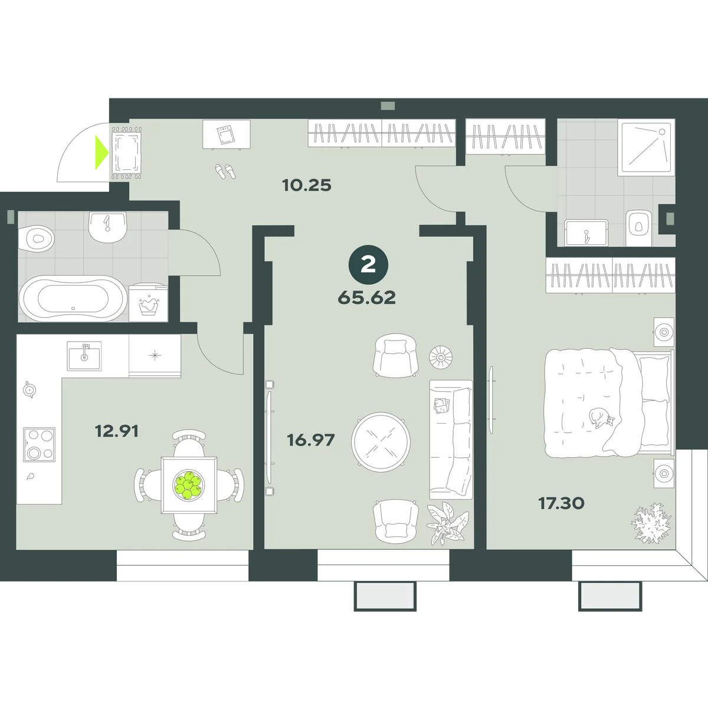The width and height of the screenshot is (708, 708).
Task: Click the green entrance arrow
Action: click(x=101, y=152)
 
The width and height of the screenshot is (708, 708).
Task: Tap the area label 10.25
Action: click(x=307, y=185)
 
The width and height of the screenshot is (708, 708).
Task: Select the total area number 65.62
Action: click(x=366, y=297)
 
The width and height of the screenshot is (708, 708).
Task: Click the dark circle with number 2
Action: click(x=368, y=264)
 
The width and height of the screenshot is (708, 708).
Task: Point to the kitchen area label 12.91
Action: click(x=117, y=431)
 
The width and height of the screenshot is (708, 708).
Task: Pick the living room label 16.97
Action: click(x=311, y=440)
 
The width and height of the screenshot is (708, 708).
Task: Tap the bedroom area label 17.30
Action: click(x=562, y=503)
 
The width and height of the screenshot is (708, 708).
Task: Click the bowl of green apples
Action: click(x=188, y=485)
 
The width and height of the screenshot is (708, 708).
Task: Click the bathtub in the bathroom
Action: click(x=73, y=299)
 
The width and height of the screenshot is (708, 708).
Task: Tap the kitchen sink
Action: click(x=84, y=356)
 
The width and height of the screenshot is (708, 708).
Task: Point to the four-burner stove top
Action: click(x=40, y=444)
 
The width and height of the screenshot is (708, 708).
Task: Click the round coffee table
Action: click(x=381, y=442)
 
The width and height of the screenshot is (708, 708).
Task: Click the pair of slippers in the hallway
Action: click(x=225, y=171)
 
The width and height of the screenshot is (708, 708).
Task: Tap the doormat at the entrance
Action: click(x=127, y=153)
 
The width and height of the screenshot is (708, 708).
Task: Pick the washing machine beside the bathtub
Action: click(x=149, y=303)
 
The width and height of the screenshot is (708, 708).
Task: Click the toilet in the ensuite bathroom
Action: click(x=638, y=228)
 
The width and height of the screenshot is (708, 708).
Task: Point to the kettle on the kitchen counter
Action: click(x=29, y=389)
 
